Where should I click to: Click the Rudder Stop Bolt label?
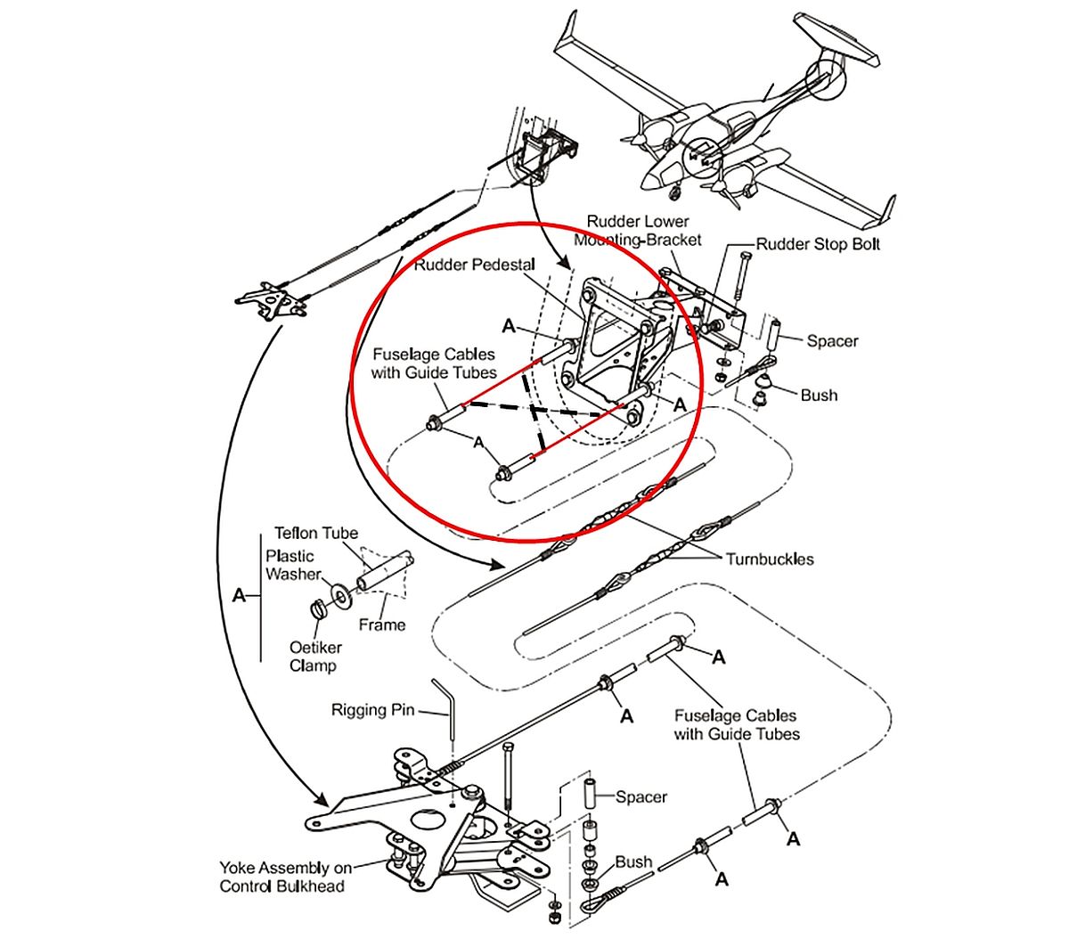click(x=818, y=244)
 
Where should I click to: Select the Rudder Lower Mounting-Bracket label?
click(x=638, y=230)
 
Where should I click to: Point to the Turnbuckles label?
click(x=769, y=559)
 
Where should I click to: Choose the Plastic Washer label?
click(x=290, y=565)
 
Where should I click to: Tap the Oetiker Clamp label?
click(x=313, y=657)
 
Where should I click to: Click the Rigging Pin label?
click(x=372, y=710)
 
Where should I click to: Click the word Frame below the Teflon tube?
click(x=381, y=625)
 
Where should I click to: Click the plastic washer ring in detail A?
click(x=339, y=592)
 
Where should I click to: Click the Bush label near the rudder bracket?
click(x=819, y=395)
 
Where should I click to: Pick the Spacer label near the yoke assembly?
click(x=641, y=796)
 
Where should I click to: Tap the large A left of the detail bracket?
click(x=239, y=595)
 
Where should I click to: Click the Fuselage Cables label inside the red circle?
click(x=433, y=363)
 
